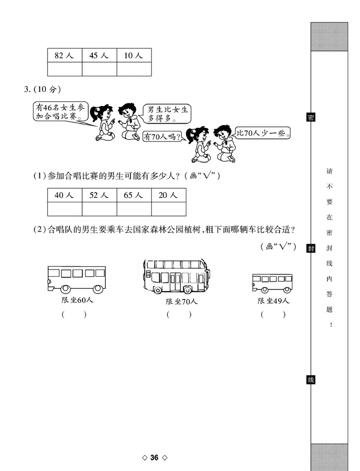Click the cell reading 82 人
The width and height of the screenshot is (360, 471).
tap(64, 56)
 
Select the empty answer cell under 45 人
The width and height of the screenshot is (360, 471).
tap(99, 69)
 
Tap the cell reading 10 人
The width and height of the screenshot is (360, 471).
tap(134, 56)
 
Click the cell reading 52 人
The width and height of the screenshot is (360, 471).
tap(99, 195)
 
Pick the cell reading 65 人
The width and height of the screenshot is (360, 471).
tap(134, 195)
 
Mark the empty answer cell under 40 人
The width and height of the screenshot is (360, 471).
tap(64, 209)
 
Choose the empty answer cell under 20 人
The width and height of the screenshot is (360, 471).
tap(168, 209)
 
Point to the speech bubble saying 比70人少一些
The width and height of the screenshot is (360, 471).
tap(263, 133)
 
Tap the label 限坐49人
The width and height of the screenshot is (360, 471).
tap(274, 301)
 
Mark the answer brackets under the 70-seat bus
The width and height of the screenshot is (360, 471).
tap(179, 315)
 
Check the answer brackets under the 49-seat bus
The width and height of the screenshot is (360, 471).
tap(273, 315)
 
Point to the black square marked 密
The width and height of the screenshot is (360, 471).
tap(310, 118)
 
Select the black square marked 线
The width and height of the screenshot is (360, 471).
tap(310, 380)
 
